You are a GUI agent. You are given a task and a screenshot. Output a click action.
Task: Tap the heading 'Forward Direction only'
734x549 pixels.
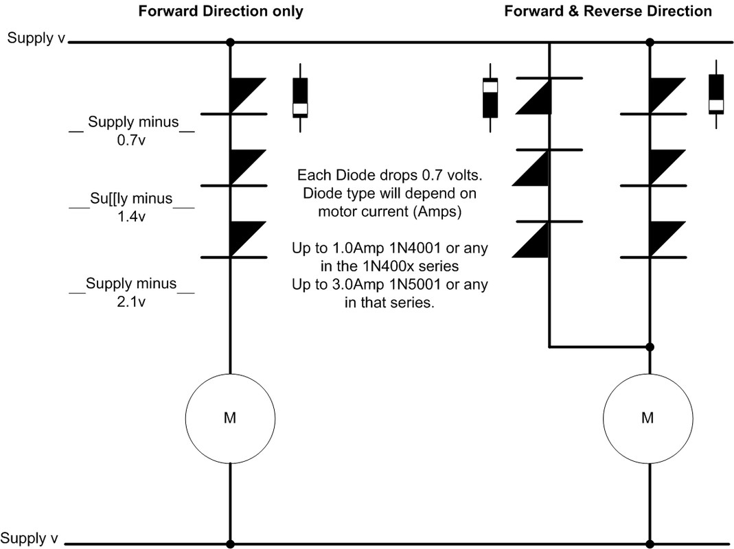tap(220, 11)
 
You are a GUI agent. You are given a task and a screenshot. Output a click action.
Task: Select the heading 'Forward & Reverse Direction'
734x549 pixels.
tap(608, 11)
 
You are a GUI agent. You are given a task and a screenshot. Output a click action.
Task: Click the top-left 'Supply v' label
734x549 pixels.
tap(36, 38)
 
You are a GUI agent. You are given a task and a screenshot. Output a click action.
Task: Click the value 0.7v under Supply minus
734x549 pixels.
tap(131, 140)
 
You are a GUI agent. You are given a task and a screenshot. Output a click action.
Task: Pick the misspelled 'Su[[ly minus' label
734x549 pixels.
tap(131, 198)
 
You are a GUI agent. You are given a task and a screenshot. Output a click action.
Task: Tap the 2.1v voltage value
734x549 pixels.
tap(131, 302)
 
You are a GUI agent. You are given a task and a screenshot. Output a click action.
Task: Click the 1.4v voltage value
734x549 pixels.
tap(131, 217)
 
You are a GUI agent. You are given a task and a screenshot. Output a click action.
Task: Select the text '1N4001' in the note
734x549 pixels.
tap(415, 248)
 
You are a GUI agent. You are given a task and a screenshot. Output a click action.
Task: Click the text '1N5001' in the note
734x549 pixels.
tap(415, 284)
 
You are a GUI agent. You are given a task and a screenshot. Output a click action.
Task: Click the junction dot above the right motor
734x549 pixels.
tap(650, 347)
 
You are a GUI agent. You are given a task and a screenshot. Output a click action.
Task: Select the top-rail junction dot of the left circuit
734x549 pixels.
tap(230, 43)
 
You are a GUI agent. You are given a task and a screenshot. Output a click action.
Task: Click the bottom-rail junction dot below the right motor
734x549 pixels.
tap(650, 544)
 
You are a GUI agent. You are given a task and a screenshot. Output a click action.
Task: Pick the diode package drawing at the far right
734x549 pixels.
tap(716, 94)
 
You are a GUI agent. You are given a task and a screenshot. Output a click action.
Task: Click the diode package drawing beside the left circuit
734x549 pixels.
tap(300, 98)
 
